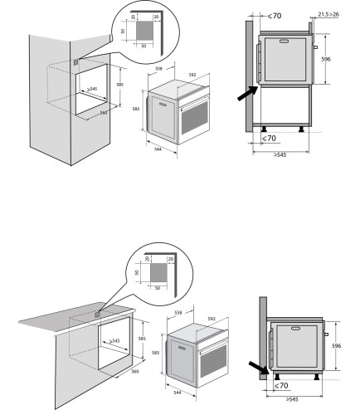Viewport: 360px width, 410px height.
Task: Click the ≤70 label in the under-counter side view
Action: tap(283, 386)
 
